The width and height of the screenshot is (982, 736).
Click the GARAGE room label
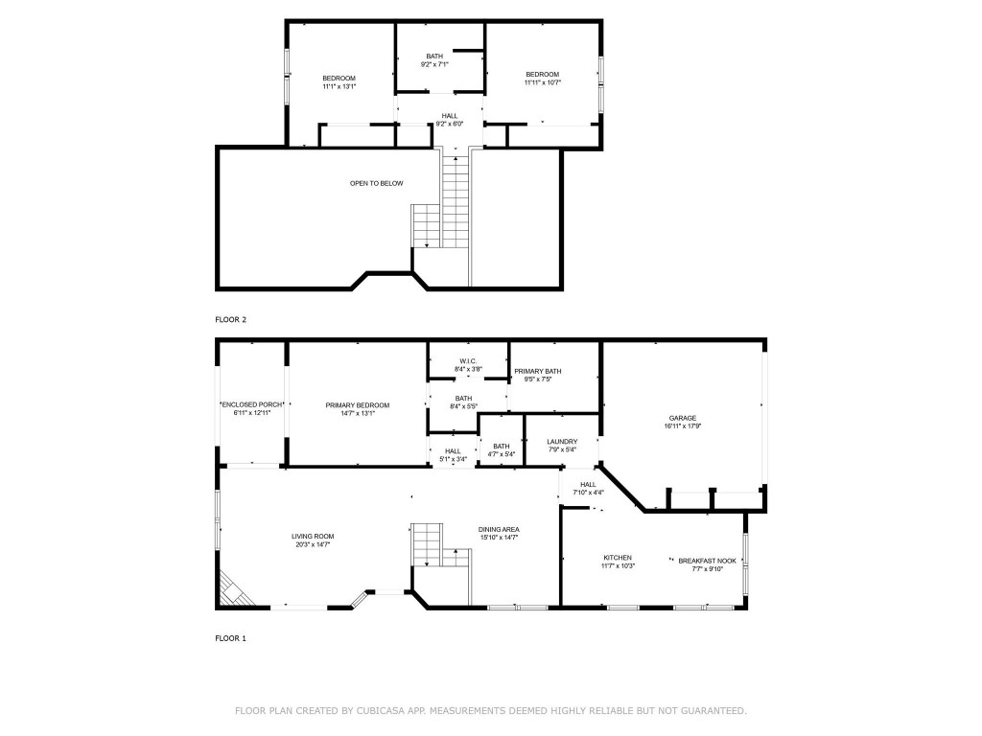coord(682,418)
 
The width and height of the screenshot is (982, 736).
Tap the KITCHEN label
coord(618,558)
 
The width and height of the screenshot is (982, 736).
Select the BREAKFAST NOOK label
coord(707,561)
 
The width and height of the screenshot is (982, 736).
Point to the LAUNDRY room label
coord(562,442)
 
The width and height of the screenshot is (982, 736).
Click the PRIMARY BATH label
coord(538,371)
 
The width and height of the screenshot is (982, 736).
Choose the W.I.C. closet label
coord(468,361)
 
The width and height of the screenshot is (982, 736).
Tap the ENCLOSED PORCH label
coord(252,405)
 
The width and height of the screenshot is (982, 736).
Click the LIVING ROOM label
coord(313,537)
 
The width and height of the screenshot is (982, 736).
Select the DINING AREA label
coord(499,529)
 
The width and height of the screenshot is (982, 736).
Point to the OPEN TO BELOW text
coord(377,183)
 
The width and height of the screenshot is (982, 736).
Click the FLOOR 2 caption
coord(230,319)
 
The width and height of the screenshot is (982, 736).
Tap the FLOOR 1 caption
coord(230,637)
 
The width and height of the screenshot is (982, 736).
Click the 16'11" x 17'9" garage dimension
coord(682,426)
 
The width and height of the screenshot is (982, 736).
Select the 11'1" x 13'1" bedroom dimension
coord(339,87)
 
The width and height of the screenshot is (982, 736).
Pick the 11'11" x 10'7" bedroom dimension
coord(542,82)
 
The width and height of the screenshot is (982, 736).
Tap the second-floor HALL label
coord(450,116)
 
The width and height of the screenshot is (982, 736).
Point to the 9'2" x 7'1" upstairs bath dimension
coord(434,64)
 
